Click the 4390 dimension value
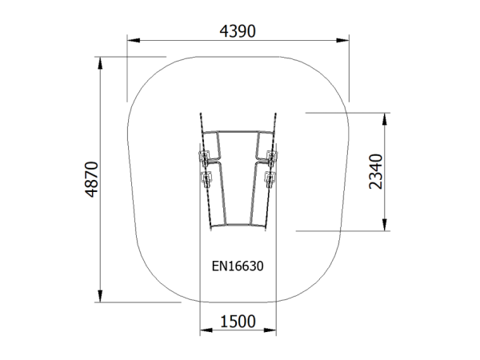238,31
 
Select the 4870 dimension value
92,179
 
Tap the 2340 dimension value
376,172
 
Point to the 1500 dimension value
238,322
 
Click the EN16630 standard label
238,266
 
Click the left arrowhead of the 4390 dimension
134,41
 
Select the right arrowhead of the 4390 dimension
342,41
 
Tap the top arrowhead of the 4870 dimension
100,63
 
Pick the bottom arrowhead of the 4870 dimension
100,296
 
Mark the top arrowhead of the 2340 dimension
385,119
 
